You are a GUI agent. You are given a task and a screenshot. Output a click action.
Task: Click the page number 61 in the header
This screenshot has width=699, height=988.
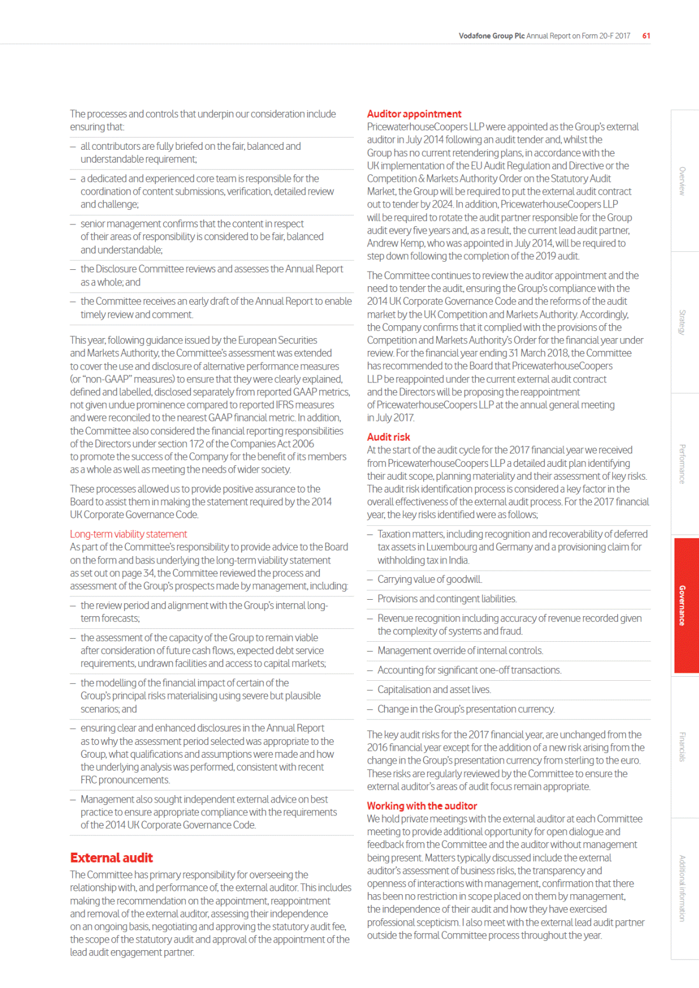(x=646, y=36)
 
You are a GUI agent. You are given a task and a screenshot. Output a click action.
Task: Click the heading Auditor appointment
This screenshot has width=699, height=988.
(x=414, y=114)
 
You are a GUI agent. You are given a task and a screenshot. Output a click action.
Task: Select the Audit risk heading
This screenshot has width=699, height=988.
(x=388, y=437)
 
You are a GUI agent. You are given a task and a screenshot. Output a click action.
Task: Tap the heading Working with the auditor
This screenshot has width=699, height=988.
(x=421, y=806)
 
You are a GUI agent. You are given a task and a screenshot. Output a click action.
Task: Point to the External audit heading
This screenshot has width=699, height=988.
(x=111, y=858)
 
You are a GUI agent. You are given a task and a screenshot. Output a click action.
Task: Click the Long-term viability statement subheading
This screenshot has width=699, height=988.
(x=128, y=535)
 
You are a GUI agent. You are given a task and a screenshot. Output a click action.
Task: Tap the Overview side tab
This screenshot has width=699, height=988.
(x=682, y=181)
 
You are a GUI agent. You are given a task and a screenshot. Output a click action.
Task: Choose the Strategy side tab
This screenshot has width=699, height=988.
(x=682, y=322)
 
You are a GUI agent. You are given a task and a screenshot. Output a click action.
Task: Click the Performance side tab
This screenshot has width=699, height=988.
(x=682, y=464)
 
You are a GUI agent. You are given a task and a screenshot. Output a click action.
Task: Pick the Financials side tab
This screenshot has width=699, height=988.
(x=682, y=747)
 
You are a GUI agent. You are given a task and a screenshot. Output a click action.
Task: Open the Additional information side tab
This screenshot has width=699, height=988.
(x=682, y=888)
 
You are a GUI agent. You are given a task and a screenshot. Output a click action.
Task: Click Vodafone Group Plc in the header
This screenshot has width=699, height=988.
(x=491, y=36)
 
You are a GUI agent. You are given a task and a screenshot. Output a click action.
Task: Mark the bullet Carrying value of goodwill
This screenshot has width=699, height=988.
(x=430, y=579)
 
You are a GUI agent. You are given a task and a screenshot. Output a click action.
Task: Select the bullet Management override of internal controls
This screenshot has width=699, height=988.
(x=460, y=651)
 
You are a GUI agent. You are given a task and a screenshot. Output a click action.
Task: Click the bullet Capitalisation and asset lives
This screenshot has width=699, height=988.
(x=434, y=690)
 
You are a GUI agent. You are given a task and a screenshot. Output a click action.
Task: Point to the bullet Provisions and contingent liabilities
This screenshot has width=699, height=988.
(x=447, y=599)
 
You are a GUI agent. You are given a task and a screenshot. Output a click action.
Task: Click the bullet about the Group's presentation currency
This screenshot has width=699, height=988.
(x=466, y=709)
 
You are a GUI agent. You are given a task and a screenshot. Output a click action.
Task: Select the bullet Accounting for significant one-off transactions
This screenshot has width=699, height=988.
(x=469, y=670)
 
